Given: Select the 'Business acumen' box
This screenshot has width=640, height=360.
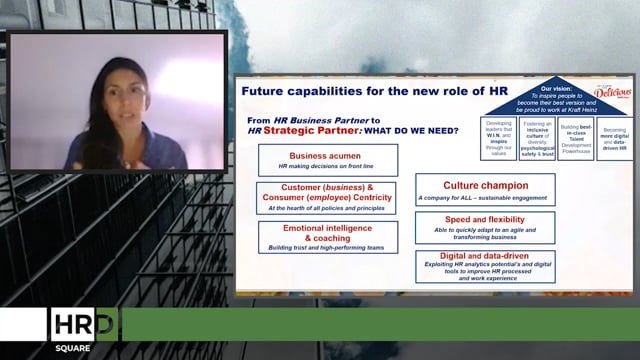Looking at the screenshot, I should pos(327,160).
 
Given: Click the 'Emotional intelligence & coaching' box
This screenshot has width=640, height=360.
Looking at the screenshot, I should pos(327,236).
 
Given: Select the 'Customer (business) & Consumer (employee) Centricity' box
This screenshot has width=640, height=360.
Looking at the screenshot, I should pos(327,198).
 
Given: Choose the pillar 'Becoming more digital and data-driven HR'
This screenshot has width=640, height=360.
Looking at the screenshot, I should pos(615,139).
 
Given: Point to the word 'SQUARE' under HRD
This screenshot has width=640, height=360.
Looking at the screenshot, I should pos(73,349).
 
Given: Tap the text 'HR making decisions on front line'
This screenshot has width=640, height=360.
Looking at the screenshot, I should pos(327,166).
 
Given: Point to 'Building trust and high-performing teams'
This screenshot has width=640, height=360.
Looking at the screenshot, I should pos(327,246).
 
